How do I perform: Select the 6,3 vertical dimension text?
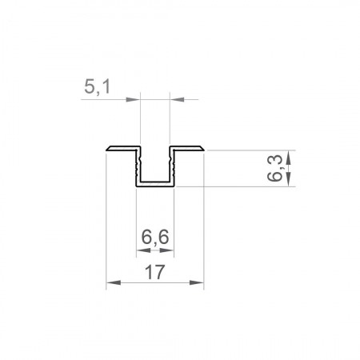(x=277, y=168)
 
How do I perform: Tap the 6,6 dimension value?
(x=155, y=238)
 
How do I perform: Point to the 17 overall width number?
(x=154, y=272)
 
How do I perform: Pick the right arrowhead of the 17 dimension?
(x=198, y=282)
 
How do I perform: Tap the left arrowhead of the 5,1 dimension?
(x=135, y=99)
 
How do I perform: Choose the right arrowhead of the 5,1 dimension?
(x=176, y=99)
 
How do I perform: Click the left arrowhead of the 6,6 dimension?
(x=141, y=250)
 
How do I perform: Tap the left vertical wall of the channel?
(x=137, y=166)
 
